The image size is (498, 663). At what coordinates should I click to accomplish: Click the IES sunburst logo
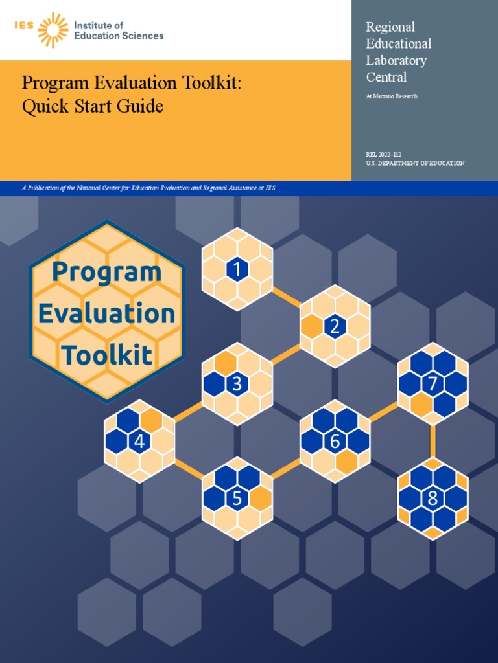tap(53, 30)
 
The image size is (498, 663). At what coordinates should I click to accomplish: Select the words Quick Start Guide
tap(92, 106)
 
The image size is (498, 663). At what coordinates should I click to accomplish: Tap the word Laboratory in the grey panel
tap(396, 60)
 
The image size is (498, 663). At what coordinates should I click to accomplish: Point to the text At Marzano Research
tap(392, 96)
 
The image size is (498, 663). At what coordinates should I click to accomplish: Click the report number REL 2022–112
tap(384, 154)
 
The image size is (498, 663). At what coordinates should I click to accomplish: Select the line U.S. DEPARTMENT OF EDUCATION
tap(415, 163)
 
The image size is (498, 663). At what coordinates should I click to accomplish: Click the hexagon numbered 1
tap(237, 269)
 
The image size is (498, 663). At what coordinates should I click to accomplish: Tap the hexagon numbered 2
tap(335, 326)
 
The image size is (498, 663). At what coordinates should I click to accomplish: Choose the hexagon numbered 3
tap(237, 384)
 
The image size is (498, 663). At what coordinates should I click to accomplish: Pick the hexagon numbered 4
tap(139, 442)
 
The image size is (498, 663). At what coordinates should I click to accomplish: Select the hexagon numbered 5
tap(237, 499)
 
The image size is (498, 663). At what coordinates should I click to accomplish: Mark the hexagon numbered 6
tap(335, 442)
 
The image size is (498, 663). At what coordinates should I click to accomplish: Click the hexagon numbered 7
tap(433, 384)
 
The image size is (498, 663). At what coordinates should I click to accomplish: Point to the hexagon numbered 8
tap(433, 499)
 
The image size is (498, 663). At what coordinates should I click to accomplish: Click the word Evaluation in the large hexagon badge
tap(107, 314)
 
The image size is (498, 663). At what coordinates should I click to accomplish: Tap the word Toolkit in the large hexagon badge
tap(107, 355)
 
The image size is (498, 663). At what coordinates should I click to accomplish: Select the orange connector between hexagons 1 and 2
tap(286, 298)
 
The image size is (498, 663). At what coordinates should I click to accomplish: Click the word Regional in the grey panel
tap(390, 27)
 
